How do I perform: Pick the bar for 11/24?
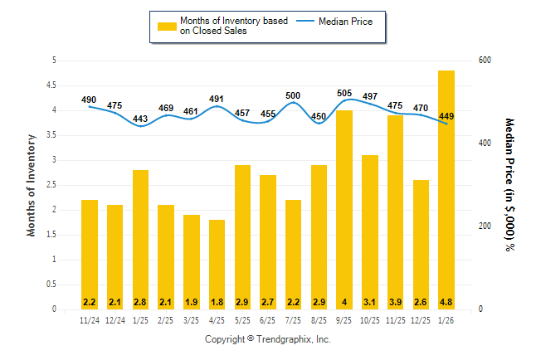[x=90, y=254]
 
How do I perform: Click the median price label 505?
[x=344, y=94]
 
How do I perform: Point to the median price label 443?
[x=140, y=119]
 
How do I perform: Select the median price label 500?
[x=293, y=96]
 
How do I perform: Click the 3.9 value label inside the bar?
[x=396, y=301]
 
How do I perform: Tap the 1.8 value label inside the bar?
[x=217, y=301]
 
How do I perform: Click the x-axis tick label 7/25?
[x=293, y=321]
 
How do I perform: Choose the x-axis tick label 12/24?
[x=115, y=321]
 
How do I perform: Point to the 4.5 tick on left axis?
[x=52, y=85]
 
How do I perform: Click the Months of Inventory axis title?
[x=32, y=185]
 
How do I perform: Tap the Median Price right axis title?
[x=509, y=185]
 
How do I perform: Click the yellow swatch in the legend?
[x=167, y=26]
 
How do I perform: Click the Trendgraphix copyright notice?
[x=268, y=340]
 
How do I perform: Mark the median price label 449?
[x=446, y=116]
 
